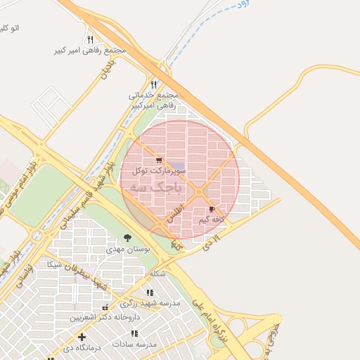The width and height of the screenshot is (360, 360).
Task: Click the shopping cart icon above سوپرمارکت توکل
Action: (158, 160)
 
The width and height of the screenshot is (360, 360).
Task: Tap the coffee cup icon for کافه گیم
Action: (212, 210)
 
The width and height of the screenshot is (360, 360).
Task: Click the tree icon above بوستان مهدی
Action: (127, 238)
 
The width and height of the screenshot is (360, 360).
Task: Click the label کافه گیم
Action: (212, 220)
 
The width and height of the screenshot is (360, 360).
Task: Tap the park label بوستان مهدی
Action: (124, 249)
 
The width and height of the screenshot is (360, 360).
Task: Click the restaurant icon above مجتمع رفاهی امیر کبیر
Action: (89, 40)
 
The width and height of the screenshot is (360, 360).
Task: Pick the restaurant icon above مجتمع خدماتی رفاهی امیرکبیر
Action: (154, 84)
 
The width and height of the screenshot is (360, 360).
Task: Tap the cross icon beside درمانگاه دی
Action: (82, 337)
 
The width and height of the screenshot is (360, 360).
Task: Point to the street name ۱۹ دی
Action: (210, 243)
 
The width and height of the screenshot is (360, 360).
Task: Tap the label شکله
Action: (157, 273)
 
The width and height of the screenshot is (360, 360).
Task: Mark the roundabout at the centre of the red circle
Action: (200, 192)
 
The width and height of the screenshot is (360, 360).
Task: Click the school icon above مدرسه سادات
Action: (134, 333)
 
